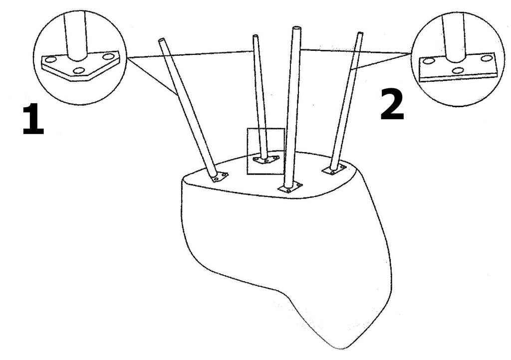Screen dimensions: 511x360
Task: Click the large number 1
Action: point(33,119)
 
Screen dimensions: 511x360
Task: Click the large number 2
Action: point(392,105)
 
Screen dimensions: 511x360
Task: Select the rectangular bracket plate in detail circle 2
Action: point(458,68)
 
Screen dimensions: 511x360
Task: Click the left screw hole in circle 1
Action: point(50,59)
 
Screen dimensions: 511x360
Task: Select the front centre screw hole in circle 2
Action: point(458,70)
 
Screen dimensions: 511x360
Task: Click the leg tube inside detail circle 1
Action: point(76,35)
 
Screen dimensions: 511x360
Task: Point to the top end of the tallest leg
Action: point(296,28)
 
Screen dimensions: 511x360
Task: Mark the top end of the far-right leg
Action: point(360,33)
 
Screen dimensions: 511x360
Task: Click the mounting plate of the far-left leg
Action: point(220,177)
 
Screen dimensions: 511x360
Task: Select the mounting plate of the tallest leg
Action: point(290,188)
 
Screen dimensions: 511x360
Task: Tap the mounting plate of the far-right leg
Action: point(334,170)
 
